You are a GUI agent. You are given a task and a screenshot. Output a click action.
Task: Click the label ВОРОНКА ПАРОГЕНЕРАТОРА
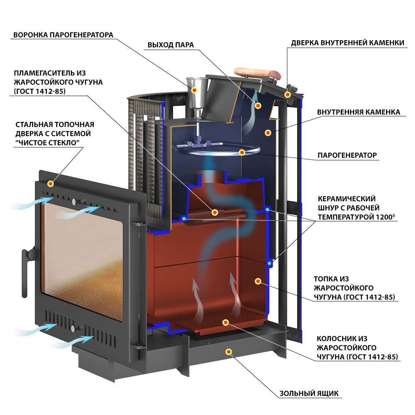[63, 35]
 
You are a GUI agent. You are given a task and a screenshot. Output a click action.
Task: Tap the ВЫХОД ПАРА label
[171, 45]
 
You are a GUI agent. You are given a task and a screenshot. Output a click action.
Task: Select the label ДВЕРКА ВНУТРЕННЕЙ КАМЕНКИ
[347, 43]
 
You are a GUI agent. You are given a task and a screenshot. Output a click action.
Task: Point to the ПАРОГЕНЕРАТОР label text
[347, 155]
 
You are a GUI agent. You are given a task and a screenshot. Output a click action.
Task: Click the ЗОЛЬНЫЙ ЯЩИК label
[309, 393]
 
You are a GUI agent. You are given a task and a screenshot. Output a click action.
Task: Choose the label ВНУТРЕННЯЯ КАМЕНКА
[359, 112]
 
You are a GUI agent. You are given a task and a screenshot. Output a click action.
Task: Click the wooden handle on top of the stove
[257, 73]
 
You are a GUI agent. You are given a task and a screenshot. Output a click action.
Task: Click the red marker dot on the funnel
[194, 90]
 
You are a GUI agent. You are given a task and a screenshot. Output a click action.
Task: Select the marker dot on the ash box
[229, 352]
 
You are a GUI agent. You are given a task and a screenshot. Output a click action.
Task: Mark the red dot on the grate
[225, 322]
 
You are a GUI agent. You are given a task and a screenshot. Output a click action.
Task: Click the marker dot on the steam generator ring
[242, 152]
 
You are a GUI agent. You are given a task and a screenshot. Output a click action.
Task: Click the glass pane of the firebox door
[82, 261]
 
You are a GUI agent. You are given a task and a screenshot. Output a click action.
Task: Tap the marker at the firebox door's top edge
[51, 183]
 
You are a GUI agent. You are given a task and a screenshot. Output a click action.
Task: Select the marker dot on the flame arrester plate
[215, 212]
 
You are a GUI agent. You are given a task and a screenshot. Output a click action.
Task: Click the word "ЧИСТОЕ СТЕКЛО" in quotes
[47, 143]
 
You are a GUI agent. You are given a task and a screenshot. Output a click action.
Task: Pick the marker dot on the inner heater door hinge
[288, 95]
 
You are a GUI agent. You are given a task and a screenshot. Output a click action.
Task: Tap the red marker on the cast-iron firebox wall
[258, 281]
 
